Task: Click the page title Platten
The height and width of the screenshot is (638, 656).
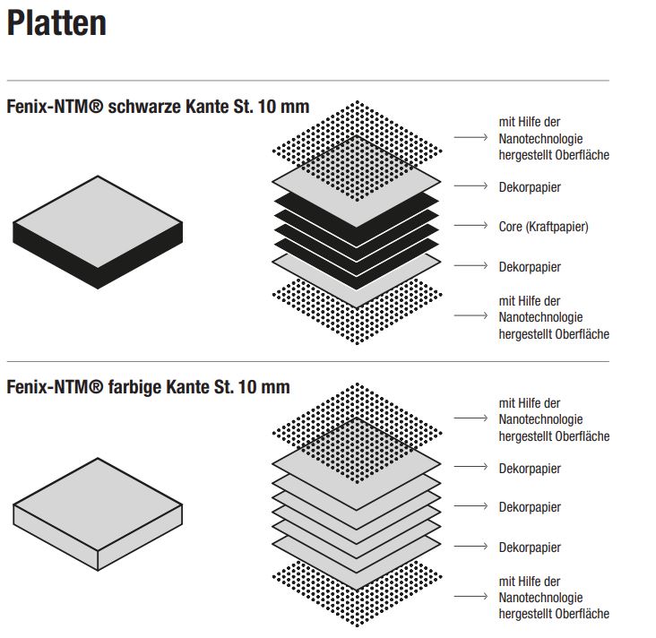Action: click(x=56, y=24)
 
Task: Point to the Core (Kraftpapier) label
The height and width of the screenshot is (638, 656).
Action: click(x=543, y=227)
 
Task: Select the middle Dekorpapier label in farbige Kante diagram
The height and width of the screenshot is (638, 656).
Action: click(x=530, y=507)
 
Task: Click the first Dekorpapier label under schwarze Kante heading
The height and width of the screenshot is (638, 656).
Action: click(x=530, y=187)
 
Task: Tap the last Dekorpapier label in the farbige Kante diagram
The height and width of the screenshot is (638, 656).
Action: click(x=530, y=547)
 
